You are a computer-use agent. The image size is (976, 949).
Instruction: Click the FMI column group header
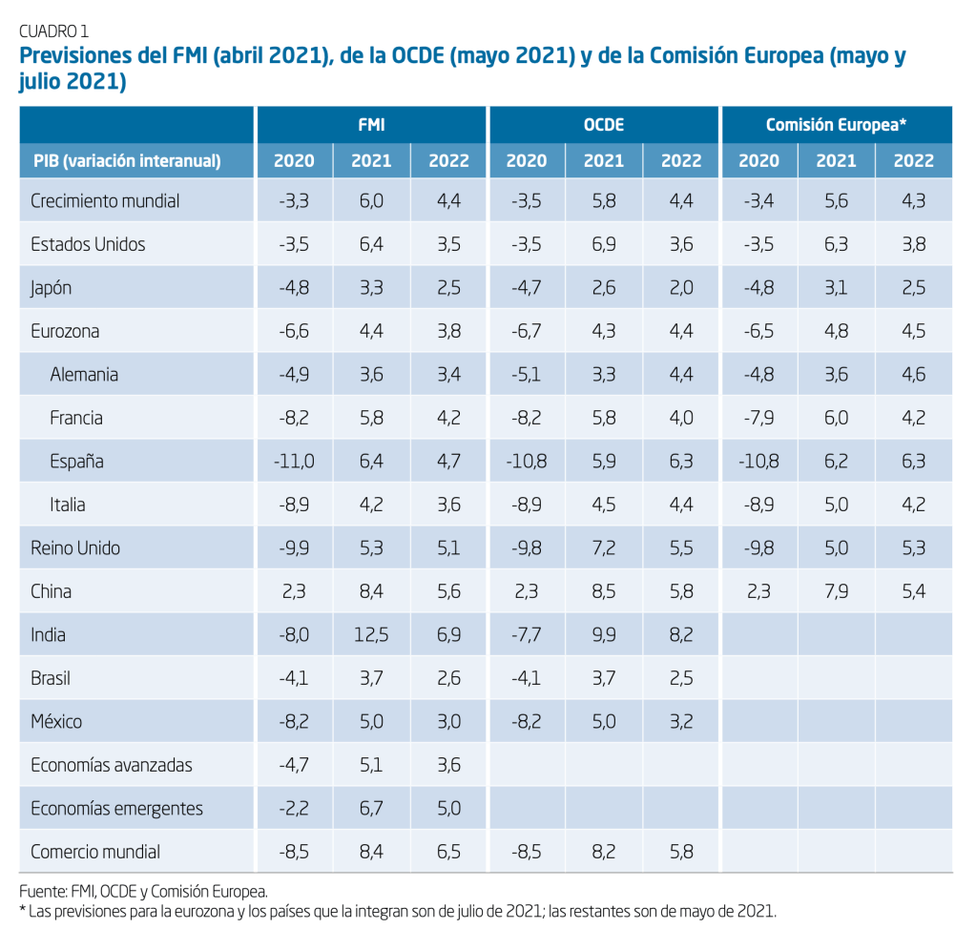pyautogui.click(x=371, y=125)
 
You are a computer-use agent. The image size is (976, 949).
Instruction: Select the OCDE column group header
pyautogui.click(x=604, y=125)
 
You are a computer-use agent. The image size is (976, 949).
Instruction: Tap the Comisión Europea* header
pyautogui.click(x=836, y=125)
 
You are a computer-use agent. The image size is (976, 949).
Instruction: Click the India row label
pyautogui.click(x=49, y=635)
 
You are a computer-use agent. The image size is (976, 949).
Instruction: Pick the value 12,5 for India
pyautogui.click(x=371, y=635)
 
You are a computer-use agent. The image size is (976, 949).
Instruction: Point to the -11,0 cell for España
pyautogui.click(x=293, y=462)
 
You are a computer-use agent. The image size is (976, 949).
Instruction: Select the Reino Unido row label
pyautogui.click(x=75, y=548)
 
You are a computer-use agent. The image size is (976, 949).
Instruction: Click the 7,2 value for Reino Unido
pyautogui.click(x=604, y=548)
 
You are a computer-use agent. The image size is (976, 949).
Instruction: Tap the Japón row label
pyautogui.click(x=52, y=288)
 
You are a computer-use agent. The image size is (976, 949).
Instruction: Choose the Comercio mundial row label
pyautogui.click(x=95, y=853)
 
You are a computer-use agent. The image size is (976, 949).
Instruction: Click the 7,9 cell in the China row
pyautogui.click(x=836, y=591)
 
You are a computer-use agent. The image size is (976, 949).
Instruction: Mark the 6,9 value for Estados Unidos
pyautogui.click(x=604, y=244)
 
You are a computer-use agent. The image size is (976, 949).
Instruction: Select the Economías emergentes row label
pyautogui.click(x=116, y=809)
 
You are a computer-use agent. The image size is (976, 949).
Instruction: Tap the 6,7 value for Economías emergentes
pyautogui.click(x=371, y=809)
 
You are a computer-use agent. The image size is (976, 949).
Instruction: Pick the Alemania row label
pyautogui.click(x=84, y=375)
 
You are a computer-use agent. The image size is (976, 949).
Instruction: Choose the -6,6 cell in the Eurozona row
pyautogui.click(x=293, y=332)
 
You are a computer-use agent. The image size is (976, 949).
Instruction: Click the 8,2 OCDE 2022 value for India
pyautogui.click(x=681, y=635)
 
